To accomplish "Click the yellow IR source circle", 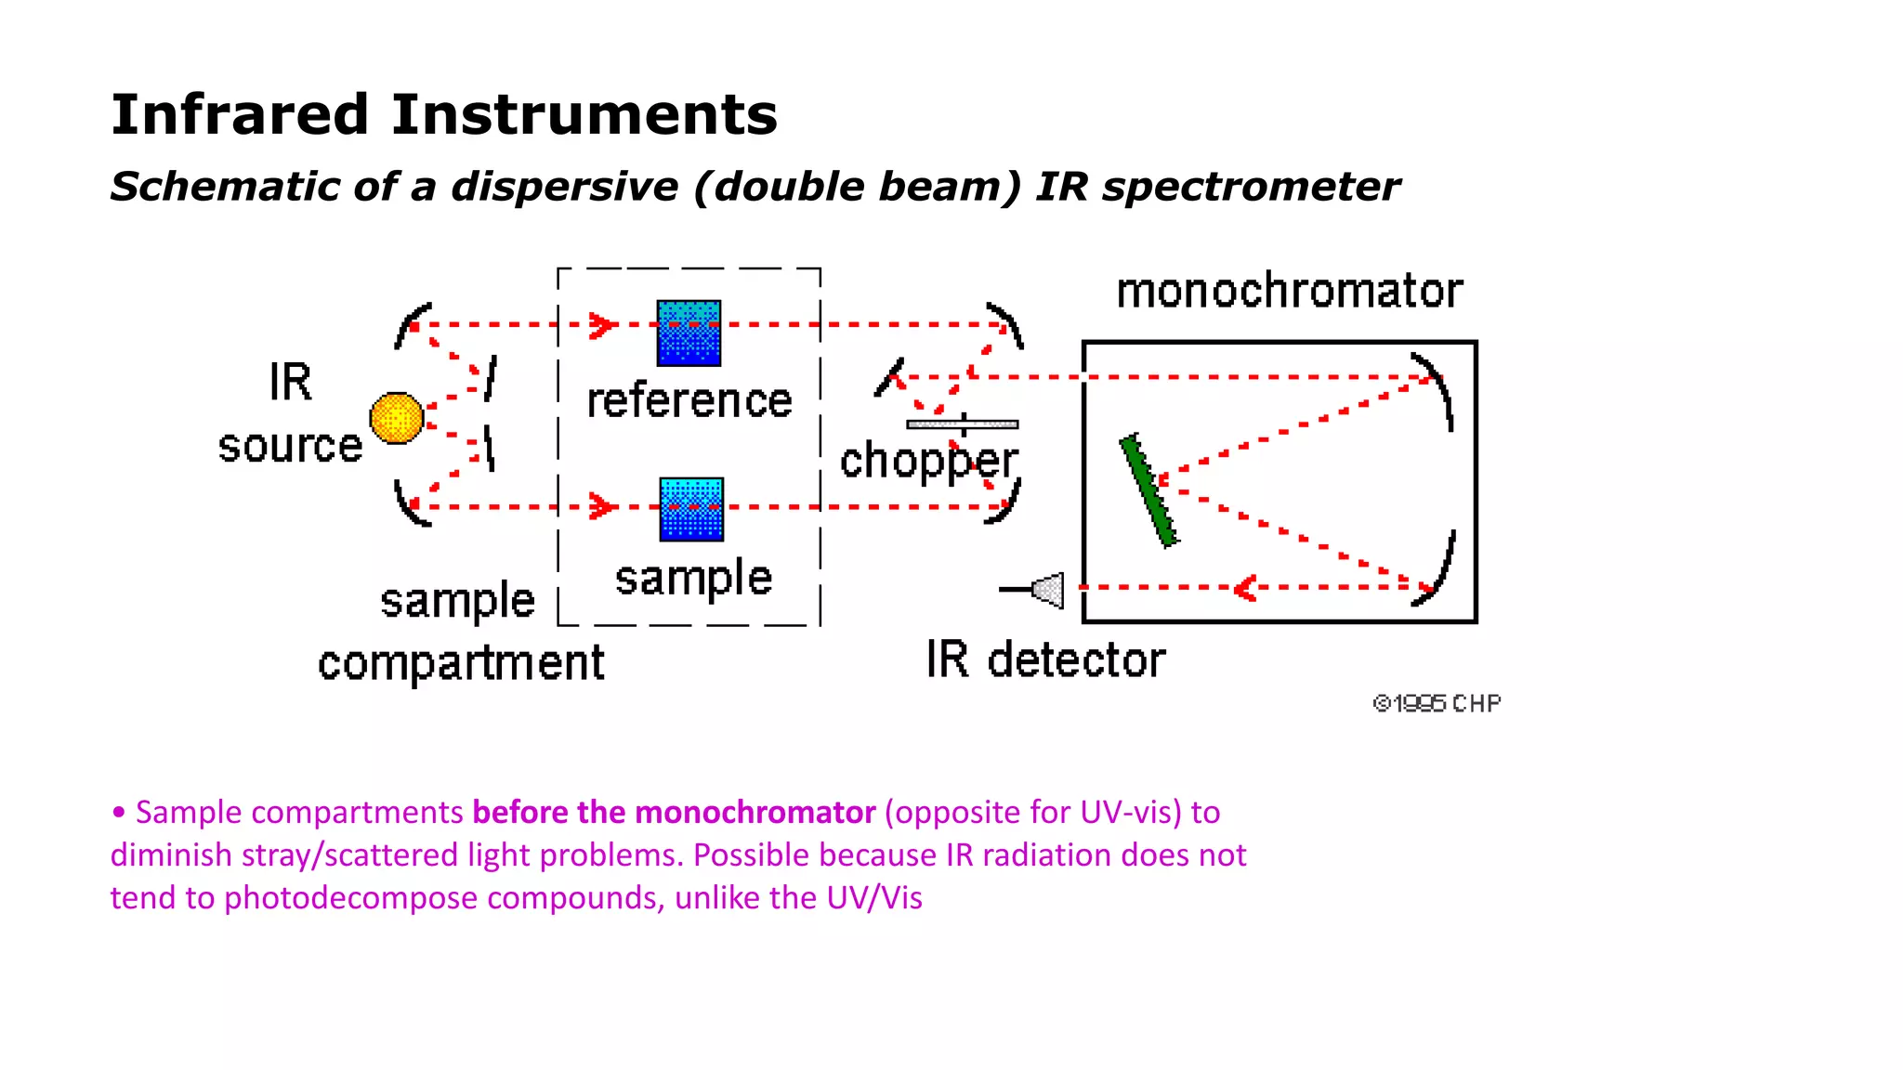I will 397,418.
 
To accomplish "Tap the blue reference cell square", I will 689,333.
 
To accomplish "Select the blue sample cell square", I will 691,509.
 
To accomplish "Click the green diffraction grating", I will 1148,490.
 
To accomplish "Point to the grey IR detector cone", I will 1049,590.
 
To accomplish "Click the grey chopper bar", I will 962,424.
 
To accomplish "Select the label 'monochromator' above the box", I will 1289,291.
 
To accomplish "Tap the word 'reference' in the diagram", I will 689,400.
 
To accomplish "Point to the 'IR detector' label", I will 1045,660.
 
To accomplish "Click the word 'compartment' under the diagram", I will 461,663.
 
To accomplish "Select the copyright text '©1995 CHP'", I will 1437,704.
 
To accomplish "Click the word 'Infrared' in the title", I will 240,114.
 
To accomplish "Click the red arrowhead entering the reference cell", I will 603,325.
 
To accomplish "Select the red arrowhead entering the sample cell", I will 603,507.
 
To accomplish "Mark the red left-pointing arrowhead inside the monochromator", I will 1244,588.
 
